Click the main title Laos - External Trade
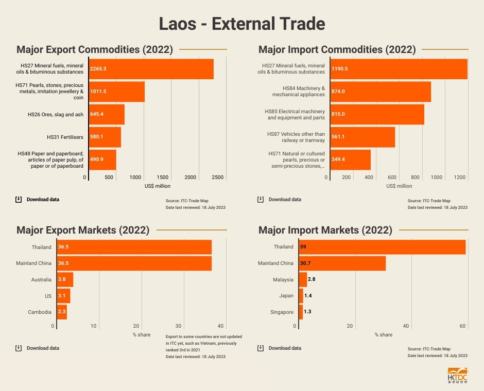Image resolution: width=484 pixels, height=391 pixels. tap(241, 24)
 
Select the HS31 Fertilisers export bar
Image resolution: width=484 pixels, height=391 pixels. tap(105, 137)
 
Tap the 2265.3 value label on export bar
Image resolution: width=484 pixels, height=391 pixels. tap(98, 68)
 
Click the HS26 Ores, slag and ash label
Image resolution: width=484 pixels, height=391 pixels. tap(56, 114)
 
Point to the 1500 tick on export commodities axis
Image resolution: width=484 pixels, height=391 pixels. tap(163, 177)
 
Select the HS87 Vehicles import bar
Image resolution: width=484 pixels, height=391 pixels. tap(362, 137)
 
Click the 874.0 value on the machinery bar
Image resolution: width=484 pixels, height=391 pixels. tap(338, 92)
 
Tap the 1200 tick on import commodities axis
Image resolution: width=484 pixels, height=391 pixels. tap(460, 177)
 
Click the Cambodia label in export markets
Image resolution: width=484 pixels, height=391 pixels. tap(40, 312)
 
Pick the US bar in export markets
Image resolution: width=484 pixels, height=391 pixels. tap(63, 296)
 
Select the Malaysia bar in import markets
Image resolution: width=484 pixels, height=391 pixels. tap(303, 280)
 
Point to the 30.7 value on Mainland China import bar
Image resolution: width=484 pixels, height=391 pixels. tap(307, 263)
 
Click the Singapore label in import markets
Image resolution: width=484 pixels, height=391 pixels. tap(282, 312)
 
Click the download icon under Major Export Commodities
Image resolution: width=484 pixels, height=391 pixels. tap(19, 200)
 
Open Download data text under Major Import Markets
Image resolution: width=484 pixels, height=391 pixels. tap(285, 348)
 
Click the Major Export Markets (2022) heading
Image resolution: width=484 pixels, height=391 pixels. tap(83, 230)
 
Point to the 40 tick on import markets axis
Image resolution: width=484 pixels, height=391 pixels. tap(406, 326)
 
